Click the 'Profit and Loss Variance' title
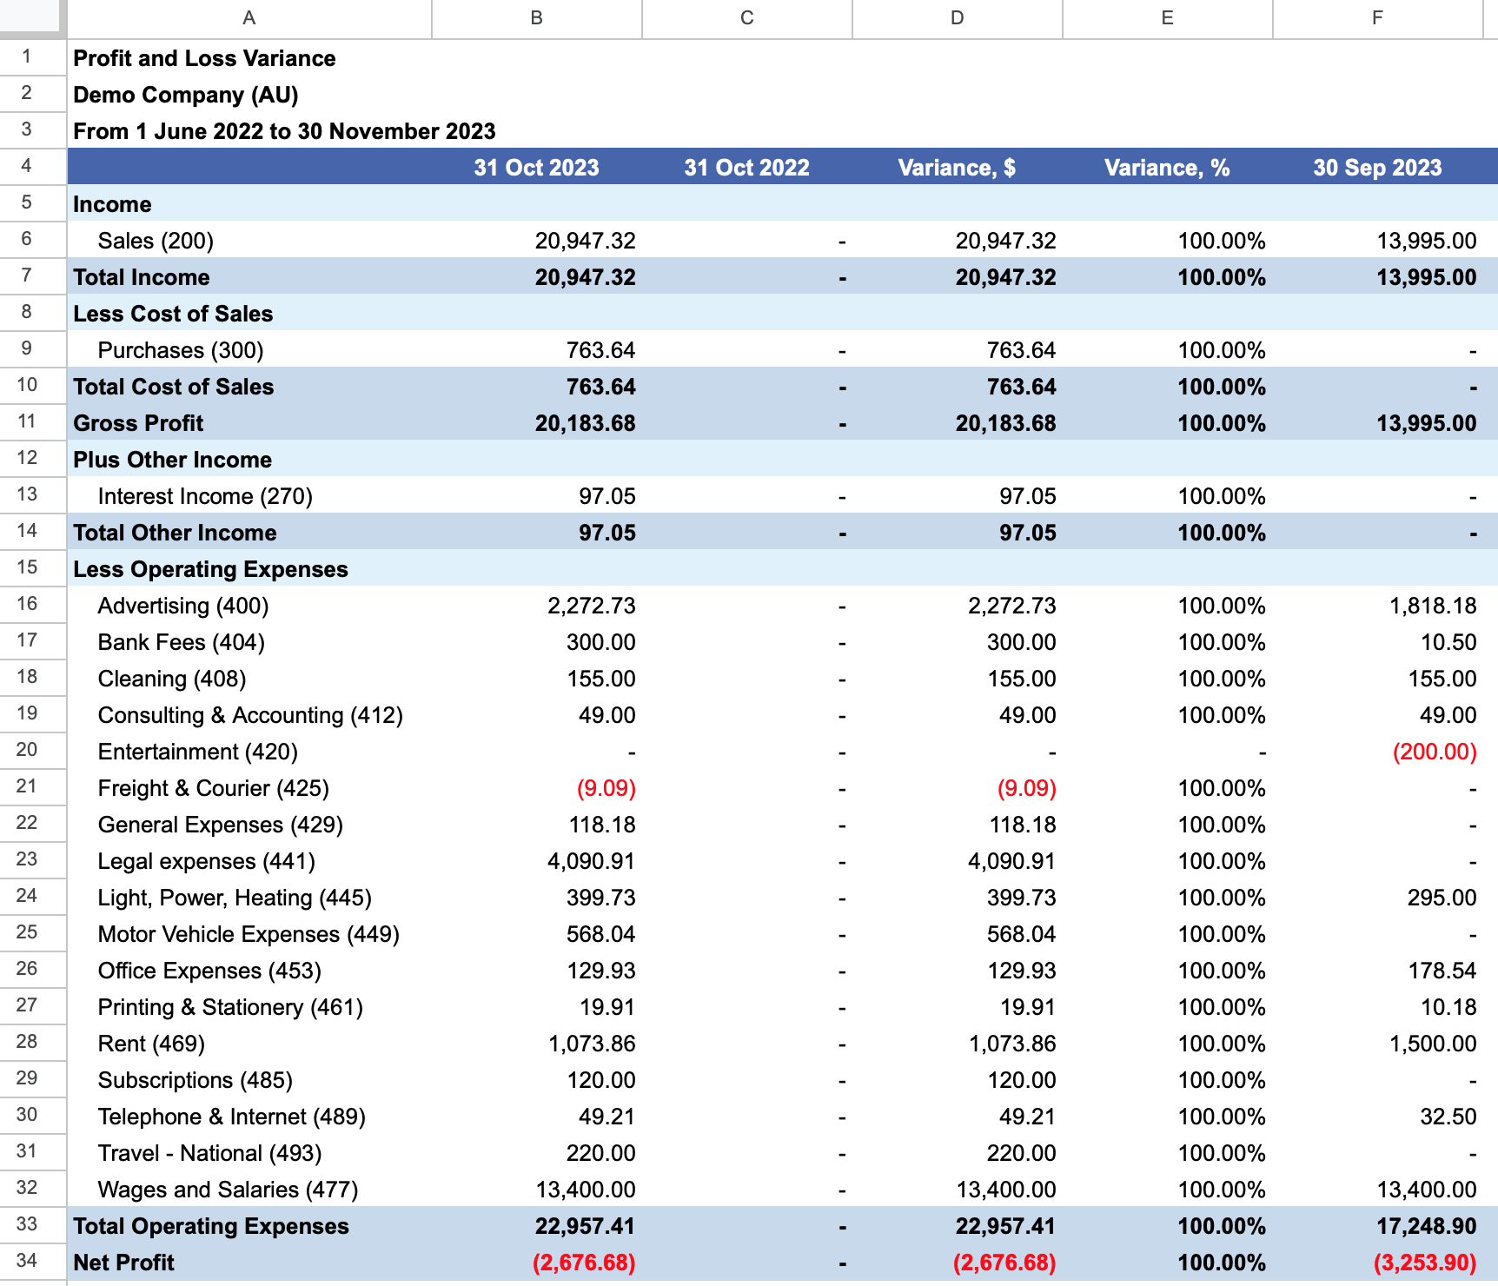tap(204, 58)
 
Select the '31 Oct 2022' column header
tap(746, 168)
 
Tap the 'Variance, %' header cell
tap(1167, 168)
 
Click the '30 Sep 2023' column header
tap(1377, 168)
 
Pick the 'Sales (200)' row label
tap(156, 241)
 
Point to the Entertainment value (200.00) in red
tap(1435, 752)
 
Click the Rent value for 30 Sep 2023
tap(1433, 1044)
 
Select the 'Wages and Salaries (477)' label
tap(228, 1190)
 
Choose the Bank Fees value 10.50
tap(1448, 642)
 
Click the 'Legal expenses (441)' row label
tap(206, 861)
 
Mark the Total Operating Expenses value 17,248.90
tap(1427, 1226)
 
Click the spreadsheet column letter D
tap(957, 18)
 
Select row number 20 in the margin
tap(27, 750)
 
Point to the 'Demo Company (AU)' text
tap(186, 95)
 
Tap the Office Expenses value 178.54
tap(1442, 971)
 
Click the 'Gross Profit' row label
tap(138, 423)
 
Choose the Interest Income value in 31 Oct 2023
tap(607, 496)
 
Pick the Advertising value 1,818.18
tap(1433, 606)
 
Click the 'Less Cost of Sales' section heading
tap(173, 314)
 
